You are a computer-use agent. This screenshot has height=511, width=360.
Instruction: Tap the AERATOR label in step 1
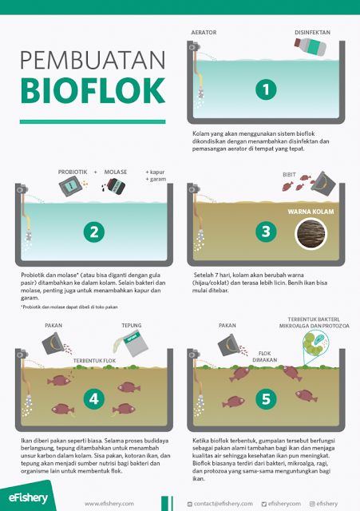[205, 33]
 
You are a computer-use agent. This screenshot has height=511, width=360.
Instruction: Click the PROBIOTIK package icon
[70, 187]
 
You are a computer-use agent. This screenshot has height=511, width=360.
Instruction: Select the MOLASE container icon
[113, 188]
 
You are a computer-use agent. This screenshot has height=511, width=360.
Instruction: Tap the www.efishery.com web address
[107, 503]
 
